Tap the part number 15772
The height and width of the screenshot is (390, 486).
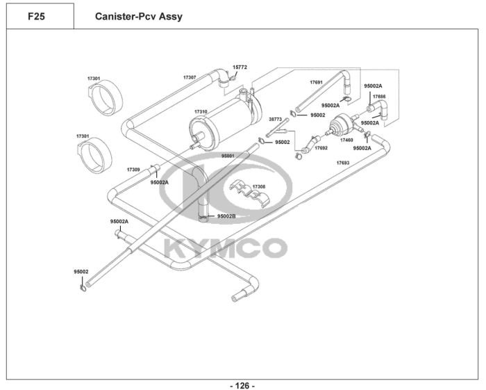[240, 67]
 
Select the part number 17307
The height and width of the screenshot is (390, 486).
[190, 76]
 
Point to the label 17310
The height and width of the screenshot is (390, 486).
[201, 111]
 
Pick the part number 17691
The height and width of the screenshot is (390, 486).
[316, 82]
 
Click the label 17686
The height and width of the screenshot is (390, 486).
[379, 97]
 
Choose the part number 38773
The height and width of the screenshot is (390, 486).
[275, 119]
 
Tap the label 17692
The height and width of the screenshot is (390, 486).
[321, 147]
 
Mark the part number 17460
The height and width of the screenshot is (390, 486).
[346, 140]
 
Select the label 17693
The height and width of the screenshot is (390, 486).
[342, 163]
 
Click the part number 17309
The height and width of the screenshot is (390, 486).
[133, 169]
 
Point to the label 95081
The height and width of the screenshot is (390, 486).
[228, 156]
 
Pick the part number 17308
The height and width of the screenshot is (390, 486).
[259, 186]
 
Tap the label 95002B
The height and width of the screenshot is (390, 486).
[226, 216]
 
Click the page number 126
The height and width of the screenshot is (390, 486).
[242, 385]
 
